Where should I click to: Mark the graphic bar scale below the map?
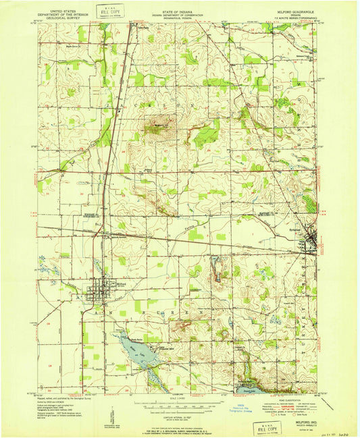(x=179, y=404)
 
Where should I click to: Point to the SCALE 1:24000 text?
(x=179, y=398)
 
